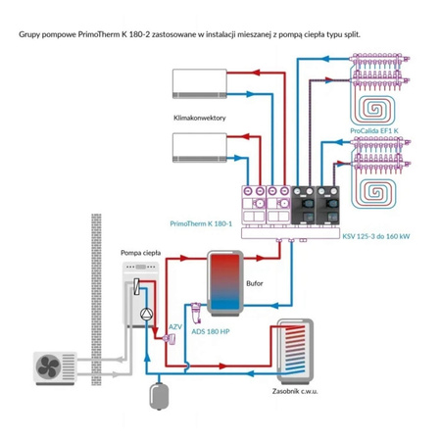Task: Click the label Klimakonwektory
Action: tap(200, 118)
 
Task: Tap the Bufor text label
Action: tap(255, 283)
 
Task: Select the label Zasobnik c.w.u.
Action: tap(295, 391)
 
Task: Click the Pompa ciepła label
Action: tap(141, 253)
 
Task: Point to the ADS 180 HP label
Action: tap(211, 332)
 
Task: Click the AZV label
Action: tap(175, 327)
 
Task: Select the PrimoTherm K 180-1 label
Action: tap(201, 223)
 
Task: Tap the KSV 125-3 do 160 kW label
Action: tap(376, 236)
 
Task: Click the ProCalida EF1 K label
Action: tap(374, 131)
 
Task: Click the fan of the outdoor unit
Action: tap(48, 367)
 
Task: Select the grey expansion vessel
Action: tap(159, 396)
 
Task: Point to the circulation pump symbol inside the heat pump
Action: tap(146, 315)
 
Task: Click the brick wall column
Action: tap(96, 300)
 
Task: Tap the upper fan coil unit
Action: tap(200, 83)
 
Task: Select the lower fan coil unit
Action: tap(200, 148)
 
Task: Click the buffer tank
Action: tap(225, 283)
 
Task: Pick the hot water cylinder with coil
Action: tap(295, 352)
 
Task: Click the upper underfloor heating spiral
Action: tap(374, 109)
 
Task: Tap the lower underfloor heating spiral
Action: tap(374, 191)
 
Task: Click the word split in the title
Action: tap(352, 34)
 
